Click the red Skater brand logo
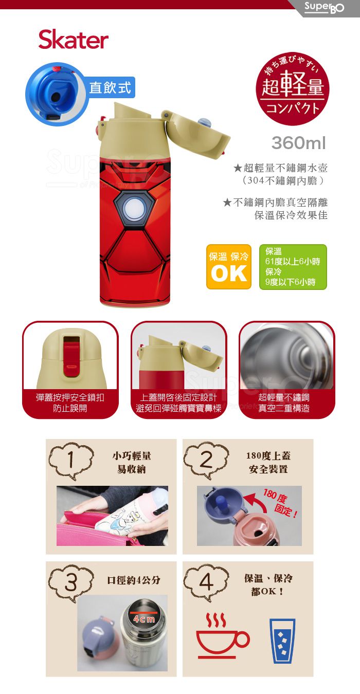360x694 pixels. point(74,40)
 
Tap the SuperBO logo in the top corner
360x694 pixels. point(324,7)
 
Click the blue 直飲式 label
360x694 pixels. point(110,87)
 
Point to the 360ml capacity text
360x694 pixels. point(299,143)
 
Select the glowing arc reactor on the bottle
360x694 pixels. point(133,207)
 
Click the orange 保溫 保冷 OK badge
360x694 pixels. point(229,267)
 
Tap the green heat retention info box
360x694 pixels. point(293,267)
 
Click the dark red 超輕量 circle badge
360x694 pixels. point(293,88)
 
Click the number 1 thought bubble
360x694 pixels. point(71,460)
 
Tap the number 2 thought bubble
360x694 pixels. point(206,460)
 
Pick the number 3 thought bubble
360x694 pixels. point(71,582)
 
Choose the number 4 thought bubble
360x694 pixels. point(206,582)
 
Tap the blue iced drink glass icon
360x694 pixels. point(282,641)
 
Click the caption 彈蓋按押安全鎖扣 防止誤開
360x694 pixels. point(70,403)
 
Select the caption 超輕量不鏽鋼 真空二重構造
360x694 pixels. point(284,403)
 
